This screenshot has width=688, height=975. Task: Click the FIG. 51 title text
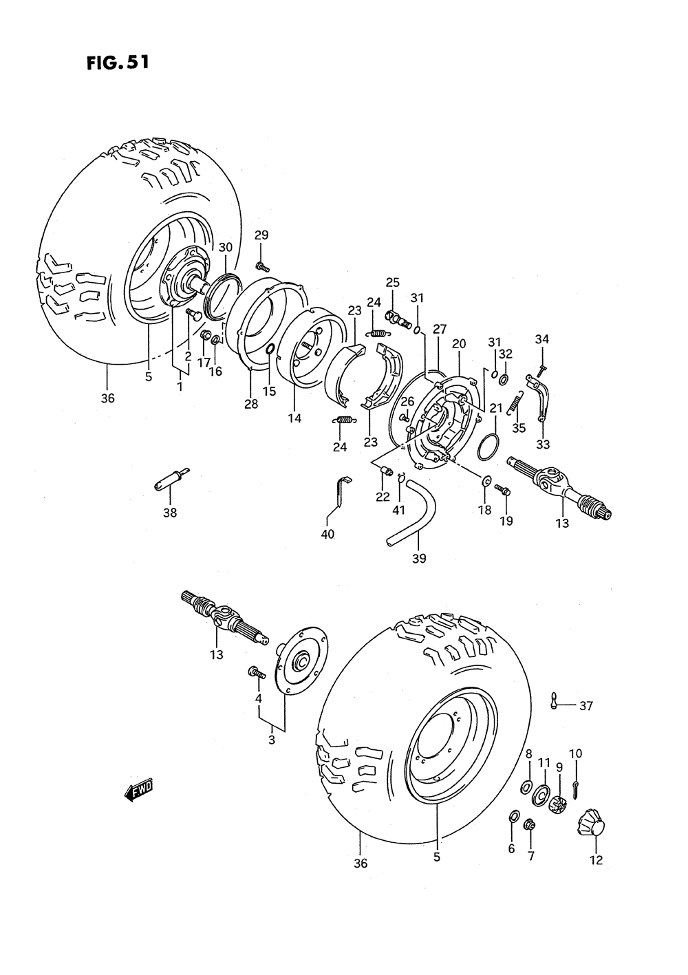click(x=118, y=63)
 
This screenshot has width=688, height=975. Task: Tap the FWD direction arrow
click(x=138, y=791)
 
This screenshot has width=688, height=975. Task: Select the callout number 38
click(x=170, y=513)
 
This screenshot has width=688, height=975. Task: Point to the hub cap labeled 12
click(x=591, y=822)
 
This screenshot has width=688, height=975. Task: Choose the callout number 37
click(x=585, y=705)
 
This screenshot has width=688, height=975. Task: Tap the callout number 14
click(x=294, y=418)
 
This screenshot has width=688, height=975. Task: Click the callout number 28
click(x=251, y=404)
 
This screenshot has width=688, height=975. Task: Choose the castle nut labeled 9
click(x=557, y=802)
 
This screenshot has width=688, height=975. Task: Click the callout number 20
click(x=459, y=343)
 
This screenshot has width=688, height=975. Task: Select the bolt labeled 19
click(x=503, y=491)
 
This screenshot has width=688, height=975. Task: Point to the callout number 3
click(x=272, y=740)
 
